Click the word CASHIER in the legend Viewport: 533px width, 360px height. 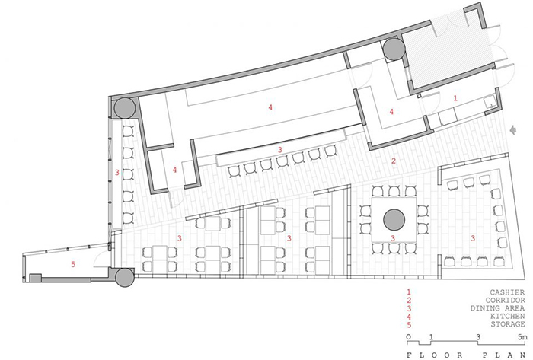(507, 292)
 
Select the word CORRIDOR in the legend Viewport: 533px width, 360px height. (505, 300)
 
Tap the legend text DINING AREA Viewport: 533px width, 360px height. (498, 308)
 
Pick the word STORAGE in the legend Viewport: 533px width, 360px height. (508, 324)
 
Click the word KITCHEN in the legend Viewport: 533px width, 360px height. (508, 316)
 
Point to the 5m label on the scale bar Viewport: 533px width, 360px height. (522, 337)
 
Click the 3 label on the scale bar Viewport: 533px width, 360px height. (478, 337)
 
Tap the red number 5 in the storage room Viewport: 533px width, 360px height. (73, 264)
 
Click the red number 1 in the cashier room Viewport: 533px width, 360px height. (455, 98)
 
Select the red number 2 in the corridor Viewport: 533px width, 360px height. (394, 161)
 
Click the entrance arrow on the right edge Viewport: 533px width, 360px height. (514, 129)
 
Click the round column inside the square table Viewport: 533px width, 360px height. (394, 220)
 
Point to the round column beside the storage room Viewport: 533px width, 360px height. (126, 278)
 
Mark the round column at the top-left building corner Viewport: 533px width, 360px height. (125, 107)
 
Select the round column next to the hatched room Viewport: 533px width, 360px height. (394, 49)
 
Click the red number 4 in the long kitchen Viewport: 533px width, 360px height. (270, 107)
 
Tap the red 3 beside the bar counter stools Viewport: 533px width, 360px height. (280, 149)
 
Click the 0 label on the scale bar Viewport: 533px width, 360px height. (409, 337)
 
